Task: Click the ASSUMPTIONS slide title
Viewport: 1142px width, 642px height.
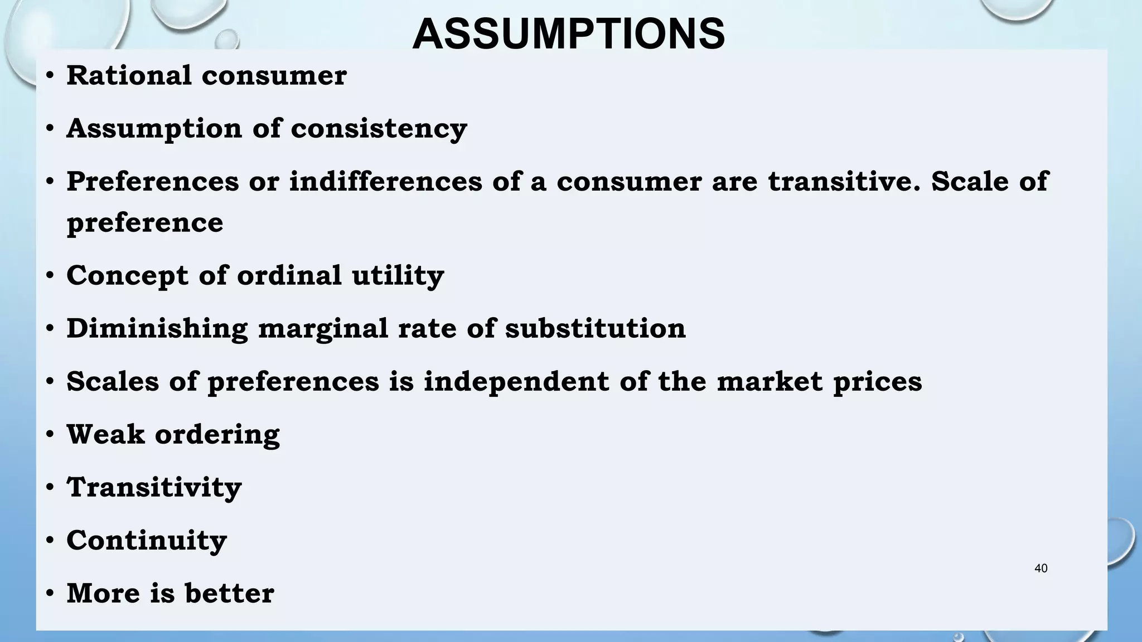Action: click(568, 34)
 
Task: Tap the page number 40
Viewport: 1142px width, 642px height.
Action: click(1041, 568)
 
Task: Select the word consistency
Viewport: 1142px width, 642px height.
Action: click(379, 129)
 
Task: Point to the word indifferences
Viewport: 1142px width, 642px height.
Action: click(385, 181)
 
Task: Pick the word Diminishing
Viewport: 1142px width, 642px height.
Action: click(157, 328)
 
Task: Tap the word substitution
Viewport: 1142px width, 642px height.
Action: click(595, 328)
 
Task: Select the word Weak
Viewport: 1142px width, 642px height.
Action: click(105, 434)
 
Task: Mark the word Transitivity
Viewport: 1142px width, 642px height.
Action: click(154, 488)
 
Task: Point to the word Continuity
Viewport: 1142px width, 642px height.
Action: click(147, 541)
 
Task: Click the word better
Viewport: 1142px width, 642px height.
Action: click(229, 593)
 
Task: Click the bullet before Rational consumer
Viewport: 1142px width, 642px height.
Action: click(50, 76)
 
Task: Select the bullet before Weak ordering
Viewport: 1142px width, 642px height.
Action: click(50, 435)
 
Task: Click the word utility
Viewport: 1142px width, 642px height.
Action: click(398, 275)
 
